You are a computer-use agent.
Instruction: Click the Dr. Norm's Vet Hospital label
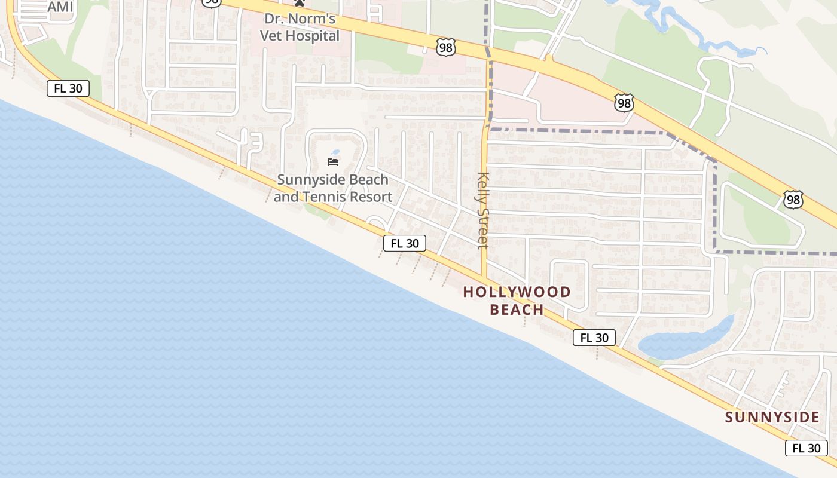pyautogui.click(x=300, y=27)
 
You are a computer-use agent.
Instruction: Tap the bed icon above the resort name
pyautogui.click(x=333, y=162)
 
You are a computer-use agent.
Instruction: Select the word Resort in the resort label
pyautogui.click(x=371, y=197)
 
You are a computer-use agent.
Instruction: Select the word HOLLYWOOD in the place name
pyautogui.click(x=517, y=292)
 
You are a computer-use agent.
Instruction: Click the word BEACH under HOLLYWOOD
pyautogui.click(x=517, y=310)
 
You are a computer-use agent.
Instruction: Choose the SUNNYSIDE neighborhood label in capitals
pyautogui.click(x=772, y=417)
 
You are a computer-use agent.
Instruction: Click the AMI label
pyautogui.click(x=60, y=7)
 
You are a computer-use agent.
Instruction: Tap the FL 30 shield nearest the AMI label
pyautogui.click(x=68, y=88)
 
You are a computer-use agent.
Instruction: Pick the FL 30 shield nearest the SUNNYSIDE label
pyautogui.click(x=806, y=448)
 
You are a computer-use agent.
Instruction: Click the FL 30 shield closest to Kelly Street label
pyautogui.click(x=405, y=243)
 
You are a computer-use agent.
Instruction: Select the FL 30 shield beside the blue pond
pyautogui.click(x=594, y=338)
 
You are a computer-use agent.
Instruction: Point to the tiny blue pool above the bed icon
pyautogui.click(x=335, y=152)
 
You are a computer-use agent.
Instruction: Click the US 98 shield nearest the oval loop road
pyautogui.click(x=793, y=200)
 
